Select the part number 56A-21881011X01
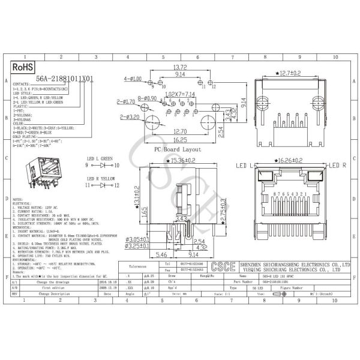[65, 79]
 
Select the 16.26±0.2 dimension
[290, 161]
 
